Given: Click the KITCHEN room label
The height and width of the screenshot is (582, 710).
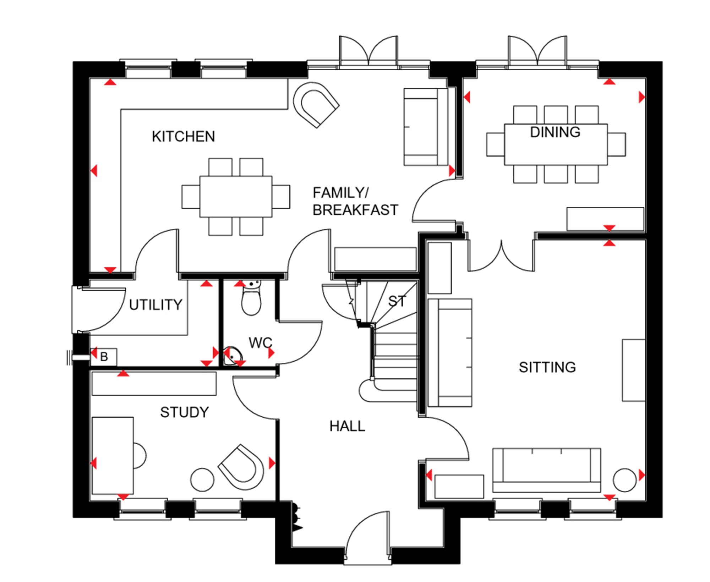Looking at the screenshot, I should tap(183, 137).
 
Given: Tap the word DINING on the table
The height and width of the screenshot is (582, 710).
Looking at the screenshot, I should tap(555, 132).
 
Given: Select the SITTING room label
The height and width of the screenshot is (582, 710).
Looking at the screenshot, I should tap(547, 367).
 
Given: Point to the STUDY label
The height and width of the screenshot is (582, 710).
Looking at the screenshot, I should tap(184, 412).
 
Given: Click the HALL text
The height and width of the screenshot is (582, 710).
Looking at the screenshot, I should tap(347, 426).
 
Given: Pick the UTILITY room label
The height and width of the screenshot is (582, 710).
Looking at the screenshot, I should tap(155, 305).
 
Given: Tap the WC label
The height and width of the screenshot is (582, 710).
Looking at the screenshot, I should tap(260, 343).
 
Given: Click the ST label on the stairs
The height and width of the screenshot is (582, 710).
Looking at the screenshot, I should tap(397, 301).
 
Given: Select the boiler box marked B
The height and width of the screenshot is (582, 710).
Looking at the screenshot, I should tap(104, 357).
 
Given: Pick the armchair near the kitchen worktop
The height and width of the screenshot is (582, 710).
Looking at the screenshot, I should tap(316, 103).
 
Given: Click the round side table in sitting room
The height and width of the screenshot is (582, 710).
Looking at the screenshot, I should tap(624, 480).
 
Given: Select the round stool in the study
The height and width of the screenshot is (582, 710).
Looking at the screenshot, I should tap(202, 480).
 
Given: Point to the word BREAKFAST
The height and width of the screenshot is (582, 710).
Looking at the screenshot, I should tap(355, 210).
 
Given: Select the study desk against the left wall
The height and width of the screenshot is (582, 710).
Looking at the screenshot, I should tap(113, 456).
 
